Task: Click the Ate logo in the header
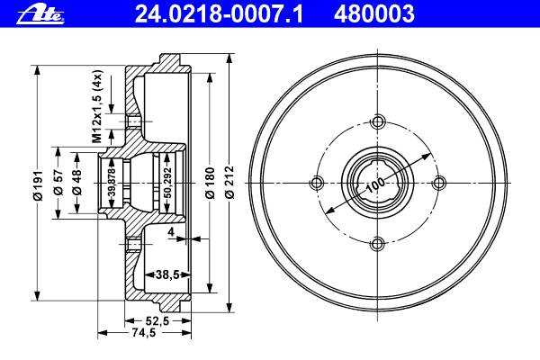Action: (40, 15)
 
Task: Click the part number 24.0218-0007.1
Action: (219, 14)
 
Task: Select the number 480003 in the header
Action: (373, 14)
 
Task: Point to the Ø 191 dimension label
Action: (37, 185)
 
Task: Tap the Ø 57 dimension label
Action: (58, 182)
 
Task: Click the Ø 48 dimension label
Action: (77, 182)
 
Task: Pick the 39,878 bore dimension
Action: (112, 184)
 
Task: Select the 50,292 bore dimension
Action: (167, 183)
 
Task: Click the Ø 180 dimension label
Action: (210, 183)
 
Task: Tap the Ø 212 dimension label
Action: (229, 183)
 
